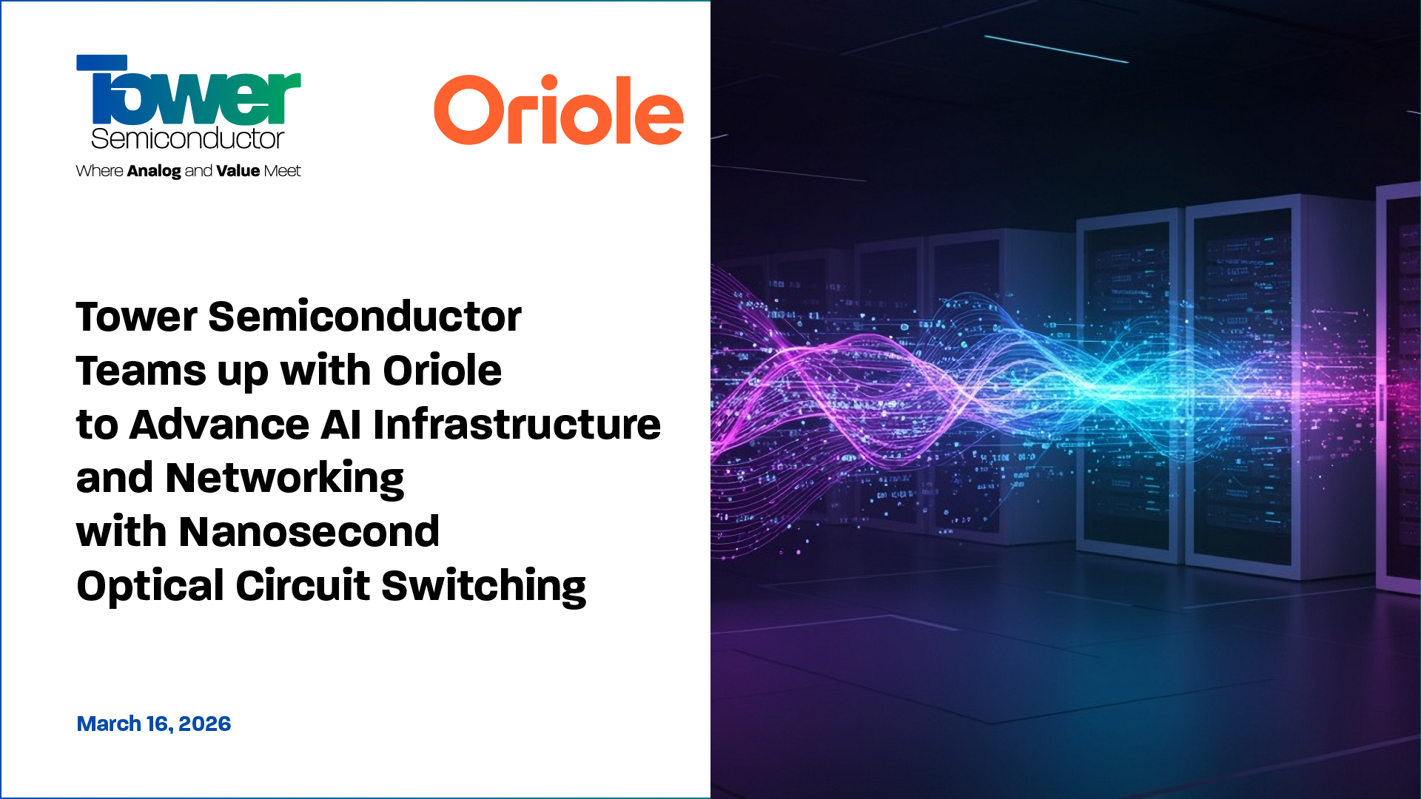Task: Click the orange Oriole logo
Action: pyautogui.click(x=558, y=111)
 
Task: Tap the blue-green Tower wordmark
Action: pyautogui.click(x=189, y=92)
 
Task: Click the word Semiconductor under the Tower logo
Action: pyautogui.click(x=187, y=138)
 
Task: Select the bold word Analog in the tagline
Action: pyautogui.click(x=154, y=172)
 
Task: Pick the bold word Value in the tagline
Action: pyautogui.click(x=238, y=171)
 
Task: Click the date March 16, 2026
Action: pyautogui.click(x=154, y=724)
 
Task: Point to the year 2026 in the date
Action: pyautogui.click(x=204, y=724)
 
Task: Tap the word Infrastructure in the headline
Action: pyautogui.click(x=517, y=425)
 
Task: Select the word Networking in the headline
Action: pyautogui.click(x=285, y=479)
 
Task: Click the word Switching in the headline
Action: pyautogui.click(x=483, y=587)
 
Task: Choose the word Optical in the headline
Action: pyautogui.click(x=150, y=587)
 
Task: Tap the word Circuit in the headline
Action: pyautogui.click(x=303, y=586)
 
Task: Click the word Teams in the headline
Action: pyautogui.click(x=141, y=371)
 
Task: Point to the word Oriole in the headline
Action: pyautogui.click(x=442, y=371)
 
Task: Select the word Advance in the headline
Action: pyautogui.click(x=219, y=425)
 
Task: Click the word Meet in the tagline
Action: pyautogui.click(x=282, y=171)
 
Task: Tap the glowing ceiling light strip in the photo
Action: pyautogui.click(x=1056, y=49)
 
